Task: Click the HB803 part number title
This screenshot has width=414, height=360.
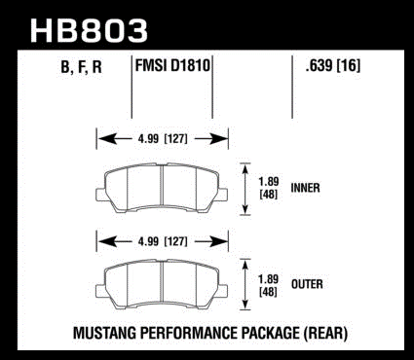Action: pyautogui.click(x=89, y=30)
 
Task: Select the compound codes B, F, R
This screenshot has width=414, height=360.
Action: pyautogui.click(x=82, y=67)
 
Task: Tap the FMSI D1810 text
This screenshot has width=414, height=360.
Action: pyautogui.click(x=172, y=66)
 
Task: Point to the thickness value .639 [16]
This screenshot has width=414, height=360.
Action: pyautogui.click(x=333, y=66)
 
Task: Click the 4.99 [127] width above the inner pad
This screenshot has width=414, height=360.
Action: pyautogui.click(x=163, y=139)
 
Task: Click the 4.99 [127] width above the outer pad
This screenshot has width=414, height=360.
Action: pyautogui.click(x=163, y=241)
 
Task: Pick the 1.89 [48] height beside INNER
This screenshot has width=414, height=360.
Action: pyautogui.click(x=269, y=188)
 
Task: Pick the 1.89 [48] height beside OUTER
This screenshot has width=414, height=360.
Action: pyautogui.click(x=268, y=286)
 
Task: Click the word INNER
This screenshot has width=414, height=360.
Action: pyautogui.click(x=305, y=188)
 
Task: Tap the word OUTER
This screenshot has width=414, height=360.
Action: pyautogui.click(x=307, y=284)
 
